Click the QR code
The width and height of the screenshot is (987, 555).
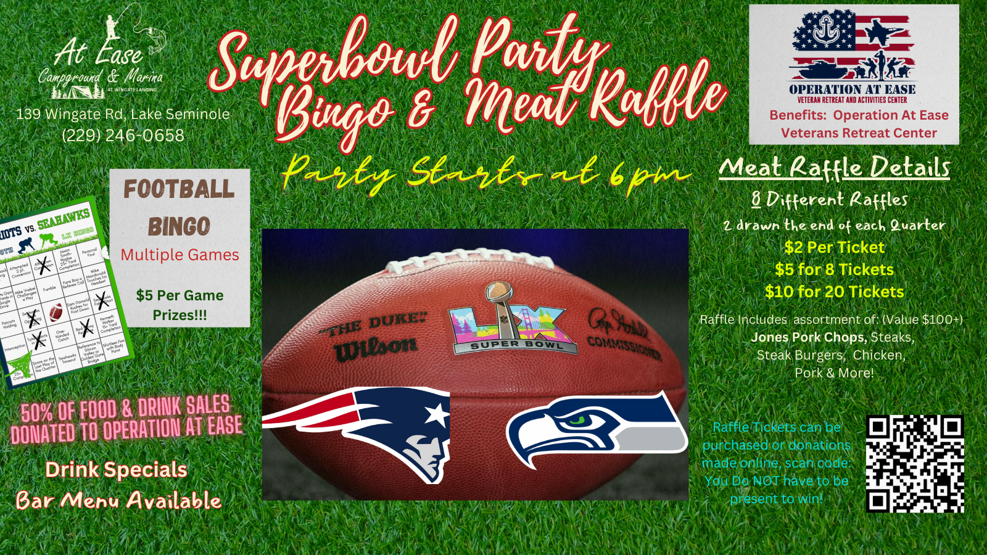pos(915,464)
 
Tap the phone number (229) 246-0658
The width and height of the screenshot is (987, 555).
pos(123,136)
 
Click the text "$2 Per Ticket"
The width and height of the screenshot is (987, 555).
pos(834,248)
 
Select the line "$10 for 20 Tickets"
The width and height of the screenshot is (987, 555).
pos(834,292)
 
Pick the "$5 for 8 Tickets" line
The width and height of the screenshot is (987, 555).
pos(834,269)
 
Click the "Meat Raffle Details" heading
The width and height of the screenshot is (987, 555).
pos(834,168)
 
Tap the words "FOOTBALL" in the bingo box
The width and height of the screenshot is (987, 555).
pos(179,189)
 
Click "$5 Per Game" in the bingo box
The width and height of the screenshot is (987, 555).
pos(180,295)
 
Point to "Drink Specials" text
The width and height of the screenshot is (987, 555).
pos(116,470)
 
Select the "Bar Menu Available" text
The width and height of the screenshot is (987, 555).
pos(118,501)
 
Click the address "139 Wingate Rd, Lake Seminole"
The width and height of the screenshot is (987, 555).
pos(123,114)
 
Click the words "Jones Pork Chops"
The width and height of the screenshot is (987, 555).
pos(809,337)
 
